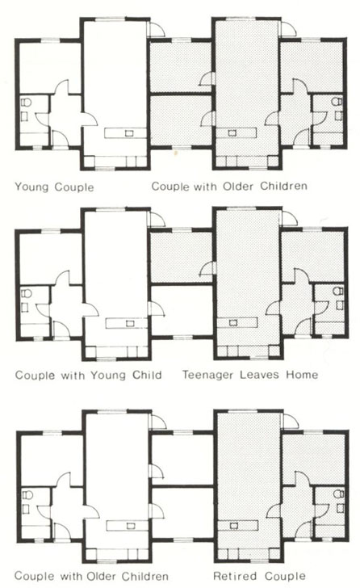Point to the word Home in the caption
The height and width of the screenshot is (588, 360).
click(302, 375)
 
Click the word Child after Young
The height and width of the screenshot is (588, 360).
click(147, 375)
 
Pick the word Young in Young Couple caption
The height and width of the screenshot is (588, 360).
click(31, 187)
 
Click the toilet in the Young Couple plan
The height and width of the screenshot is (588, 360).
click(26, 102)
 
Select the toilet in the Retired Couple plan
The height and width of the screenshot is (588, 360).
click(338, 493)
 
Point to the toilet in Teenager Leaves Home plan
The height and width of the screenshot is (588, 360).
click(337, 291)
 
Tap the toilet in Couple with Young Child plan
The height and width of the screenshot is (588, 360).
click(26, 293)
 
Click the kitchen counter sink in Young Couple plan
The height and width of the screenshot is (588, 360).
click(129, 132)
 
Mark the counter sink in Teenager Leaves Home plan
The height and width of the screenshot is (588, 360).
click(233, 322)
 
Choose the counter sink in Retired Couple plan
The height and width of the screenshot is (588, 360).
click(234, 525)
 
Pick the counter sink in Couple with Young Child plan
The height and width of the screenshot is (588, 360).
click(130, 323)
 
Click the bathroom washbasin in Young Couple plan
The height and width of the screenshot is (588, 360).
click(24, 116)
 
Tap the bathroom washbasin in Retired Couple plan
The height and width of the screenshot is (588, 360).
click(340, 508)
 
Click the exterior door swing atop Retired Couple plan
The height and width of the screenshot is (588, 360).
click(291, 421)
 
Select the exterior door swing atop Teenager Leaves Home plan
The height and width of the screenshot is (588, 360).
click(290, 219)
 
